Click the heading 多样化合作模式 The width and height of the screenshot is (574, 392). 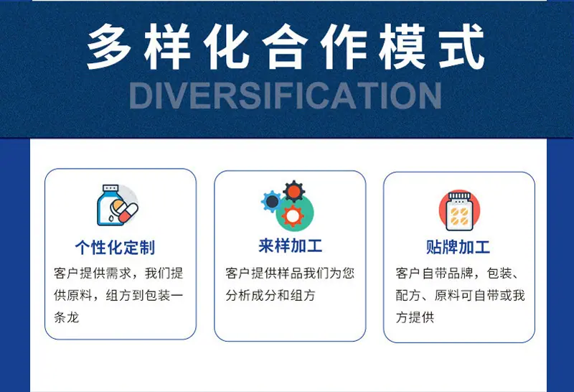click(x=286, y=47)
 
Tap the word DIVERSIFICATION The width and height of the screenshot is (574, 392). click(x=286, y=95)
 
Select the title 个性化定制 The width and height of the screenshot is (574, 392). click(x=115, y=247)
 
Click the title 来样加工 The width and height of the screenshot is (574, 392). click(x=291, y=246)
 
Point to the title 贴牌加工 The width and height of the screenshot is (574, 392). click(x=458, y=247)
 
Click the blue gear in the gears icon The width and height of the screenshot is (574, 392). click(x=271, y=201)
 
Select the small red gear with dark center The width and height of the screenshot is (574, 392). click(x=294, y=191)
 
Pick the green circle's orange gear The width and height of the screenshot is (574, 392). click(x=293, y=216)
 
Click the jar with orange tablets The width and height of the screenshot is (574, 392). click(x=459, y=210)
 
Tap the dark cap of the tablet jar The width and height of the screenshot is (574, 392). click(x=459, y=196)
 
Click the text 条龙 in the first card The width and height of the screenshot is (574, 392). click(x=66, y=317)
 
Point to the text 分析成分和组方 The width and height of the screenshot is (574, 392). click(x=270, y=295)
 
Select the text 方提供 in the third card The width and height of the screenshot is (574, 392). click(x=415, y=317)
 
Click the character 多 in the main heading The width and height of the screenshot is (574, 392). click(x=109, y=47)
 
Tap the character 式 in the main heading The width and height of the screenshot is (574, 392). click(x=462, y=47)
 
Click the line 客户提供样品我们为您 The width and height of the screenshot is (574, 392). click(x=290, y=274)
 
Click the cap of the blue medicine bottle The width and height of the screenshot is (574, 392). click(x=110, y=188)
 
